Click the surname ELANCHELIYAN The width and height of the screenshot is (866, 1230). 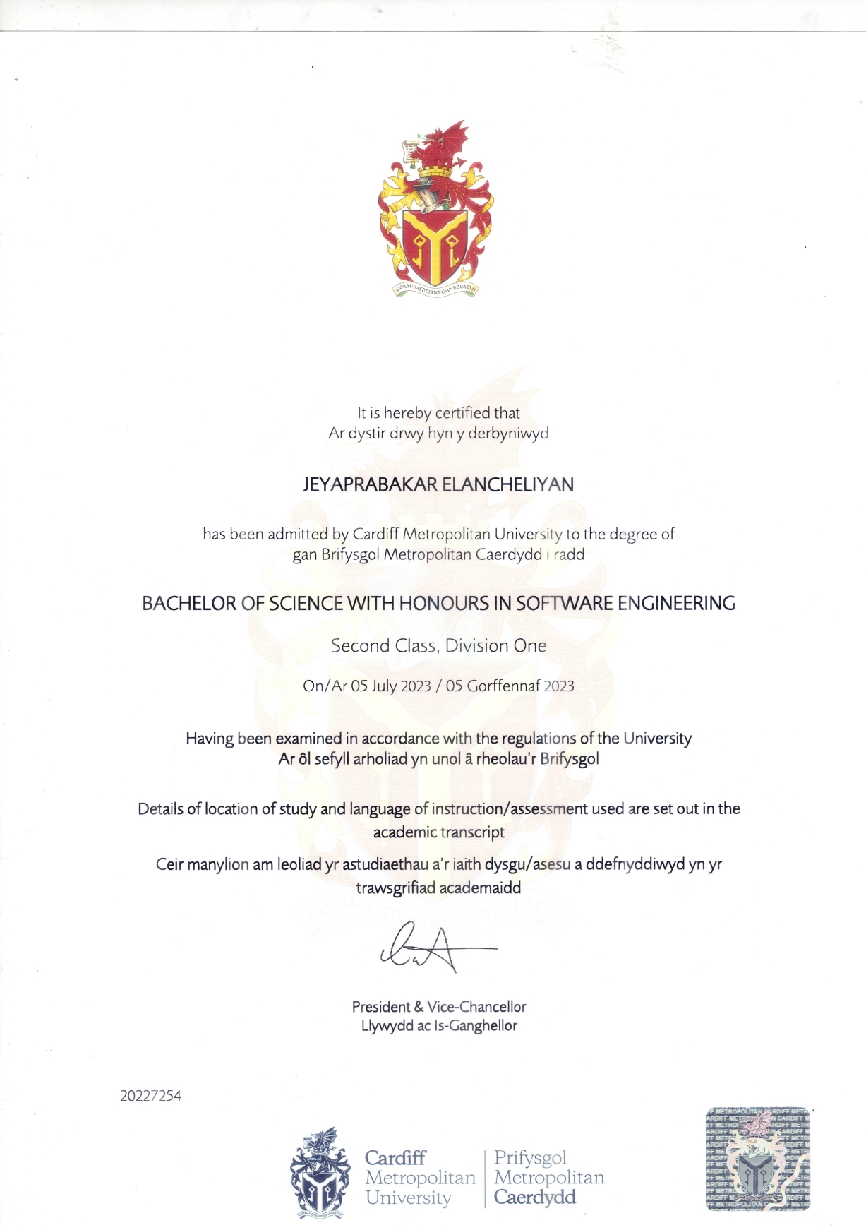(x=507, y=485)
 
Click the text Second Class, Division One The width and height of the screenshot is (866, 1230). (x=438, y=646)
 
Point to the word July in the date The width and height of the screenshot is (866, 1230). (x=384, y=686)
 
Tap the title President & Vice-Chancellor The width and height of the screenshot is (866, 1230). (x=439, y=1007)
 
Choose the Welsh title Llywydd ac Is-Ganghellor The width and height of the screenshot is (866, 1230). (x=439, y=1026)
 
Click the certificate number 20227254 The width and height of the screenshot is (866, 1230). (x=150, y=1096)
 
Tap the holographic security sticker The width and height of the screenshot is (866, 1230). (x=758, y=1159)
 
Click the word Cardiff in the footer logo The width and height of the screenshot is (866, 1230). (x=395, y=1158)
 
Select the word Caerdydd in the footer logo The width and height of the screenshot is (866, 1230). (x=535, y=1198)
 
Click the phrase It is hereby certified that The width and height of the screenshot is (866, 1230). (x=438, y=413)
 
